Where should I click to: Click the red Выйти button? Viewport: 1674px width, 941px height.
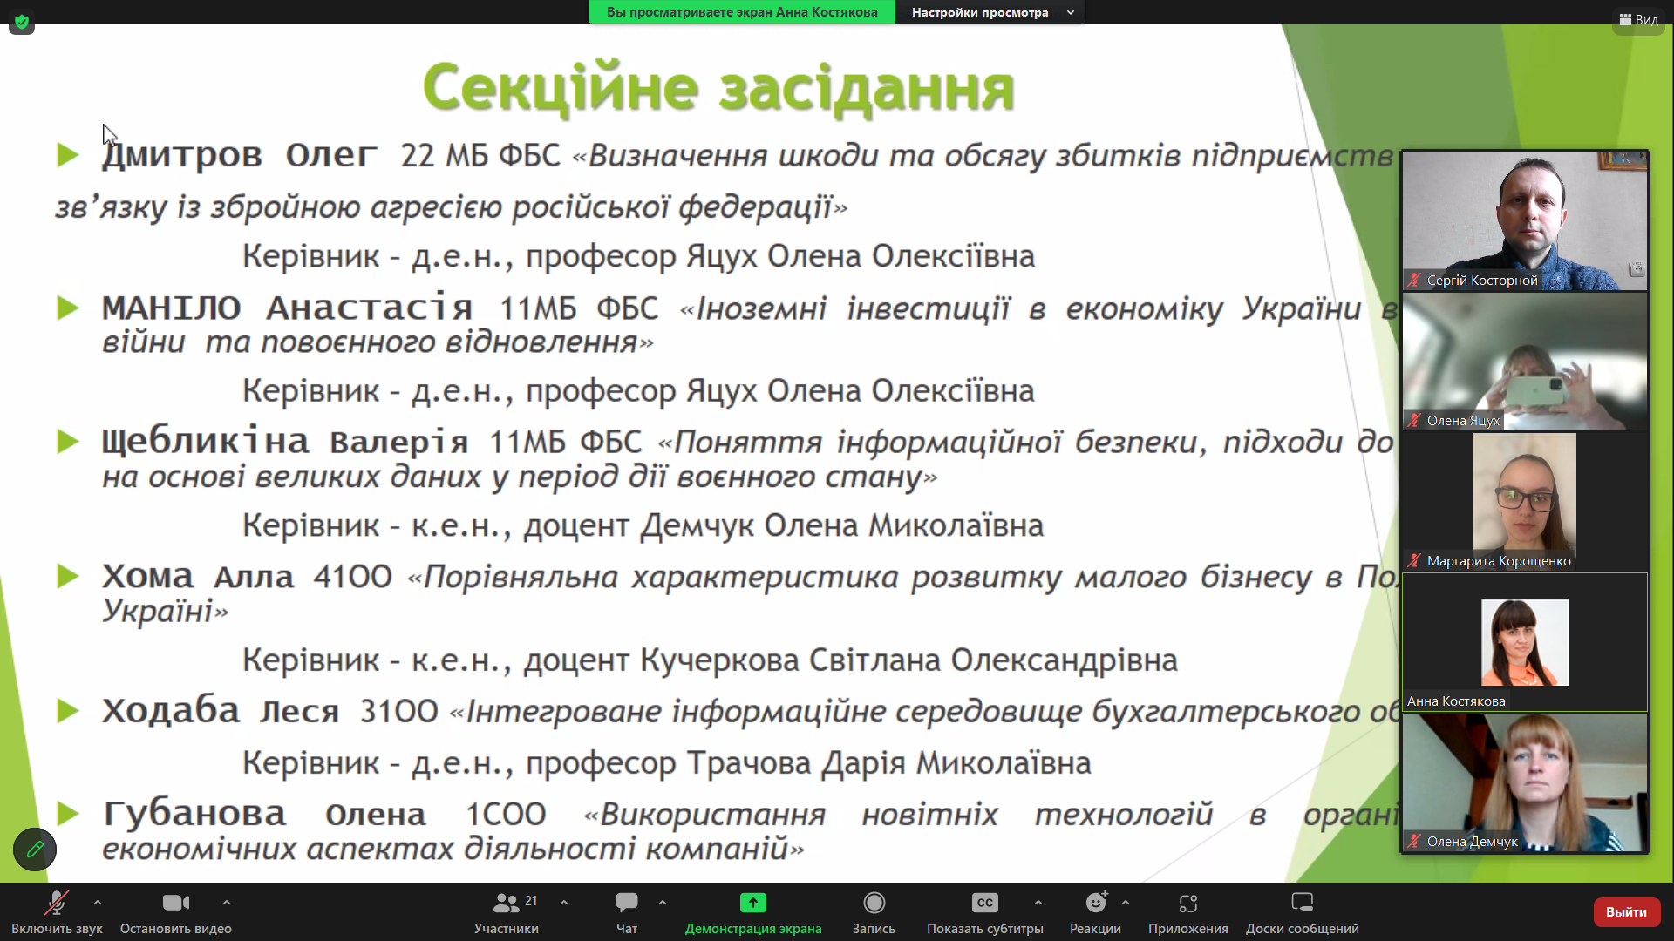pos(1626,911)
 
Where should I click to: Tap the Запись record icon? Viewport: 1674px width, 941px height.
pos(874,903)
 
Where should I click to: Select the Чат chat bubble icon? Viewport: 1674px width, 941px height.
pos(626,903)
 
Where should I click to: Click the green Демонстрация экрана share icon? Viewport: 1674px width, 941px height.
pos(753,903)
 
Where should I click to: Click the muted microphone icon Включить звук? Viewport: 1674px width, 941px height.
pos(57,903)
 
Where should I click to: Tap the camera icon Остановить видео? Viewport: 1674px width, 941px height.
pos(175,903)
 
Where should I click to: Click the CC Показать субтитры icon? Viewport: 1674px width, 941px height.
pos(984,903)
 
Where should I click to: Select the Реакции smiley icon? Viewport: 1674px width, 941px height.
pos(1095,903)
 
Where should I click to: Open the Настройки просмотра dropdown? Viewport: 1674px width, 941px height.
pos(991,12)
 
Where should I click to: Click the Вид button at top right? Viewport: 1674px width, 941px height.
pos(1639,19)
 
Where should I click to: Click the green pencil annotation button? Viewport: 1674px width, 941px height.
pos(35,849)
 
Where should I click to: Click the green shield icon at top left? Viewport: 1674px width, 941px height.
pos(22,22)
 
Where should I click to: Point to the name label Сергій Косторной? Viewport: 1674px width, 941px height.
pos(1481,281)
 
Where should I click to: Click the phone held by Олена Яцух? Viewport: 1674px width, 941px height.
pos(1540,391)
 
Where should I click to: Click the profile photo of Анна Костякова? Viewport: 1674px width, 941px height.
pos(1524,642)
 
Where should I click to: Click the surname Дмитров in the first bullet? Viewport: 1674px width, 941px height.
pos(182,155)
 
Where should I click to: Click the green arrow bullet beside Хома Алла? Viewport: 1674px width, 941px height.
pos(68,576)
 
